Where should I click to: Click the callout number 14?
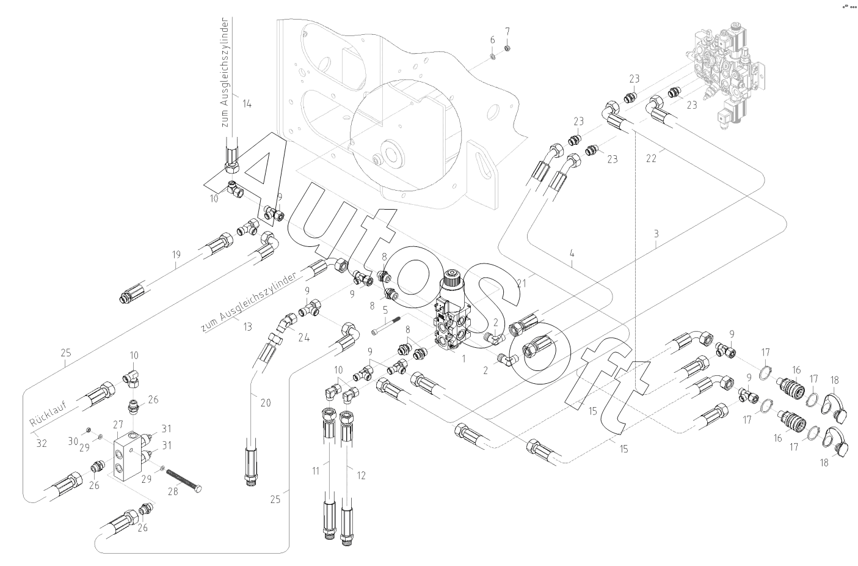click(247, 103)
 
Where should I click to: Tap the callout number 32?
click(41, 443)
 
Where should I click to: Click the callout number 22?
click(652, 158)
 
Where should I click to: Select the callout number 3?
click(656, 233)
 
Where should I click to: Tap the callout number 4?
click(572, 252)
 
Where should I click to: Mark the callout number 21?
click(521, 282)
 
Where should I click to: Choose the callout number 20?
click(265, 402)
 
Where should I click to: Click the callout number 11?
click(316, 471)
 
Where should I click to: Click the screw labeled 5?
click(385, 326)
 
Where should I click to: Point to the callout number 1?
click(464, 359)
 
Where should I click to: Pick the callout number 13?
click(247, 327)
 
